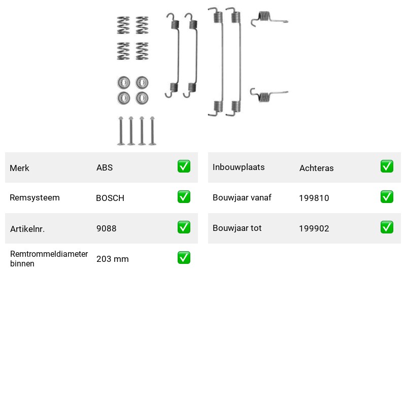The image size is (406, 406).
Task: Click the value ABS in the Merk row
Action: point(105,167)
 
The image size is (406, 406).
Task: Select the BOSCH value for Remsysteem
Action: point(110,198)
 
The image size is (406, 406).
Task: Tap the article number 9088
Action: point(106,228)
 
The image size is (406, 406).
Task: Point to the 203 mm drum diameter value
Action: point(112,259)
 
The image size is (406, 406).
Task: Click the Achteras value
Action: point(316,168)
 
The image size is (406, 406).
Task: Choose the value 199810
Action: point(314,198)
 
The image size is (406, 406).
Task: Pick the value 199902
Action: point(314,228)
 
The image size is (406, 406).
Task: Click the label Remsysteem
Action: point(35,197)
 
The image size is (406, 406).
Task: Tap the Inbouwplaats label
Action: point(239,167)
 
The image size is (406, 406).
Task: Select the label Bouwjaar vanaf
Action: point(242,197)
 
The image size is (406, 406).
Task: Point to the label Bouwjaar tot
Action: point(237,228)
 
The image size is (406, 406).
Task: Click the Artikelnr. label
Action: point(27,229)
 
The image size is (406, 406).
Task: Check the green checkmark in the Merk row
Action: point(184,166)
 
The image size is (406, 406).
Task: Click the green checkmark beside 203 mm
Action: point(184,258)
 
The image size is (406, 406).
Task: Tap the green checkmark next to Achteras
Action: point(387,166)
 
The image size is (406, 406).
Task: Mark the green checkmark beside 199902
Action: point(387,227)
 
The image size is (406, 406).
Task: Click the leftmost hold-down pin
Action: point(121,131)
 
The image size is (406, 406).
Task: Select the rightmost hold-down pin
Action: point(152,131)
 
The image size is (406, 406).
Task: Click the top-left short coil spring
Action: point(123,25)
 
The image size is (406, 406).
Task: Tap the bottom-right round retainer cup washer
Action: point(142,98)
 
